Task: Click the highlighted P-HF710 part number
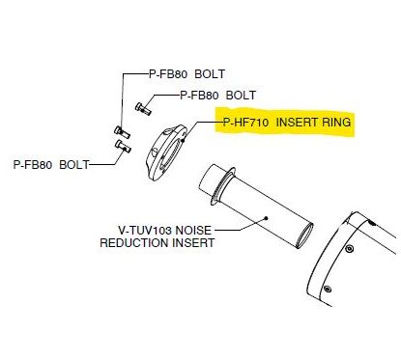pyautogui.click(x=245, y=124)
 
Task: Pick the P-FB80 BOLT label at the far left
pyautogui.click(x=50, y=165)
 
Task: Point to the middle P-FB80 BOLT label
pyautogui.click(x=216, y=96)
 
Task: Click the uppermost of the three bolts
pyautogui.click(x=141, y=107)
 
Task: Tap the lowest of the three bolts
pyautogui.click(x=121, y=146)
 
